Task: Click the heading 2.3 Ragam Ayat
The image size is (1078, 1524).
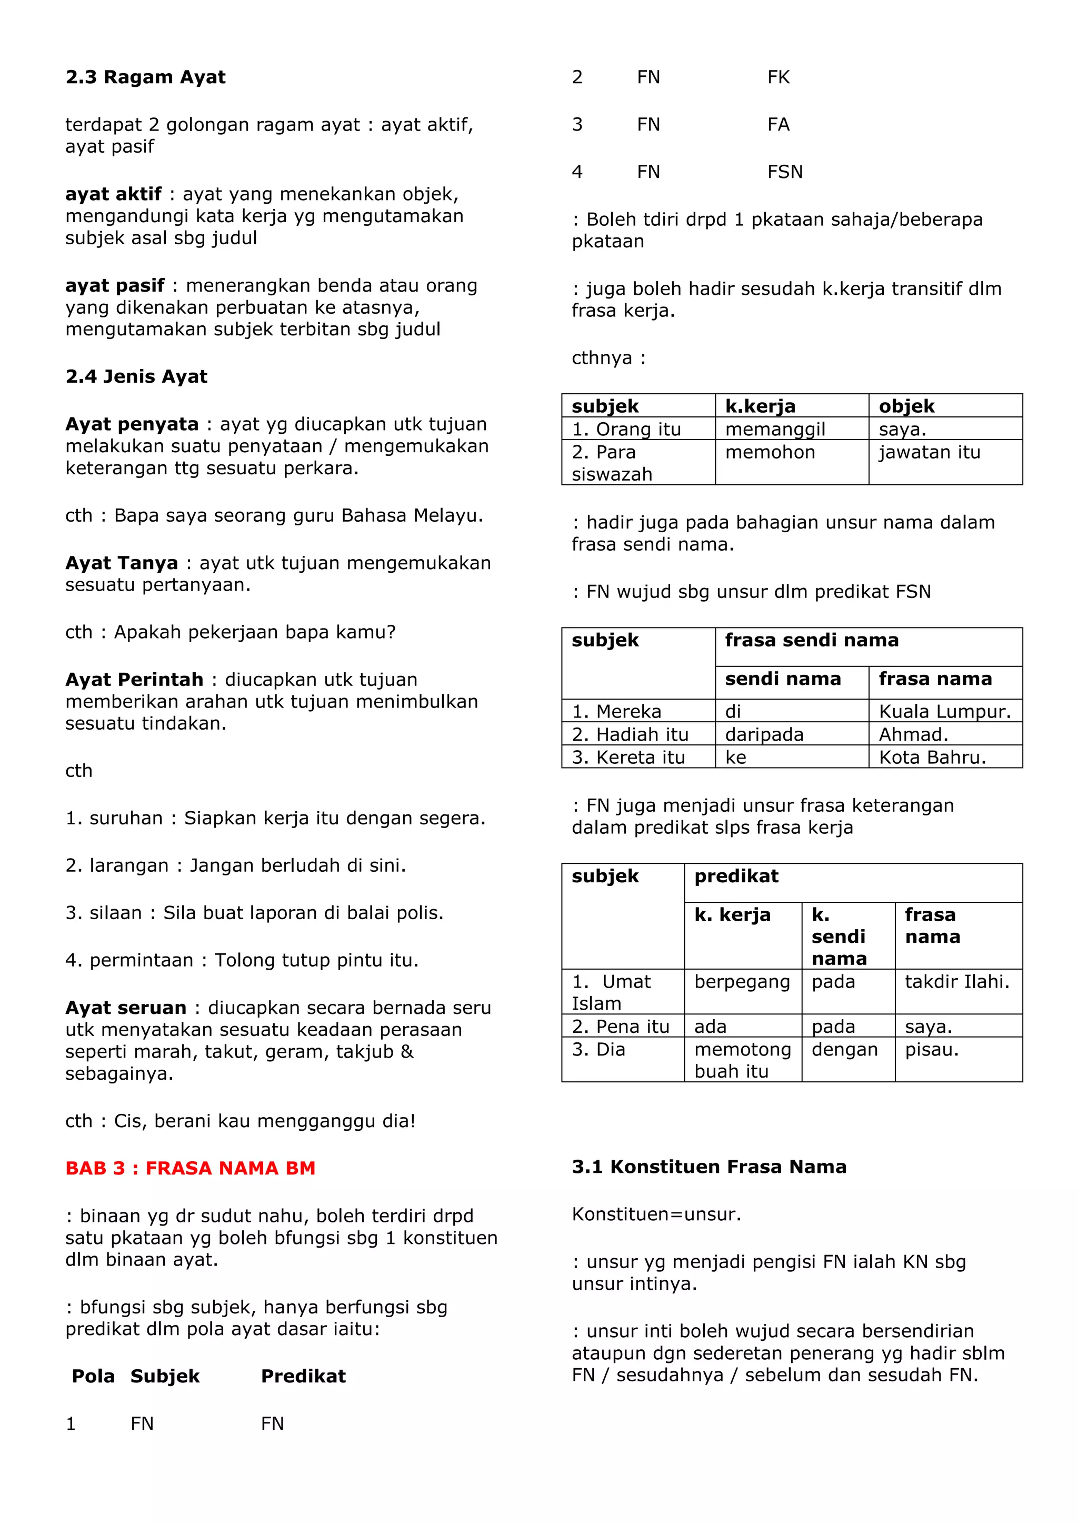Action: tap(145, 78)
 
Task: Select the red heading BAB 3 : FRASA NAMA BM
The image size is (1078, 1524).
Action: tap(191, 1168)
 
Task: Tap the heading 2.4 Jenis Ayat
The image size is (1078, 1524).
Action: tap(136, 377)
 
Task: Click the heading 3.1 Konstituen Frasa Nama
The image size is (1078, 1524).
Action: tap(709, 1167)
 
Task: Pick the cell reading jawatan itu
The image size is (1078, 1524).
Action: tap(930, 452)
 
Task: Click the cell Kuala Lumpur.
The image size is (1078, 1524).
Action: tap(945, 712)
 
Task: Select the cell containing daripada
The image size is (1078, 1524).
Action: tap(764, 735)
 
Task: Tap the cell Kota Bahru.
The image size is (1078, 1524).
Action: tap(932, 758)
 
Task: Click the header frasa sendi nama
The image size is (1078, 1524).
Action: tap(811, 641)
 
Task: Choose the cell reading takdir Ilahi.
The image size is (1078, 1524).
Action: tap(956, 982)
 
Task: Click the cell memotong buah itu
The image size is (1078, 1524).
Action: tap(742, 1060)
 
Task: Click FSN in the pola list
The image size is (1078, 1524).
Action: tap(785, 172)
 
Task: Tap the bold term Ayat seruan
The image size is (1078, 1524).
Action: tap(125, 1008)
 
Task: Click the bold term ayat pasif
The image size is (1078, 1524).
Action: tap(114, 285)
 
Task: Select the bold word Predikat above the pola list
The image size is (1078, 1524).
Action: tap(303, 1376)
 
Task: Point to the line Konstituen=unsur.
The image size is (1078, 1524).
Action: tap(656, 1214)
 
